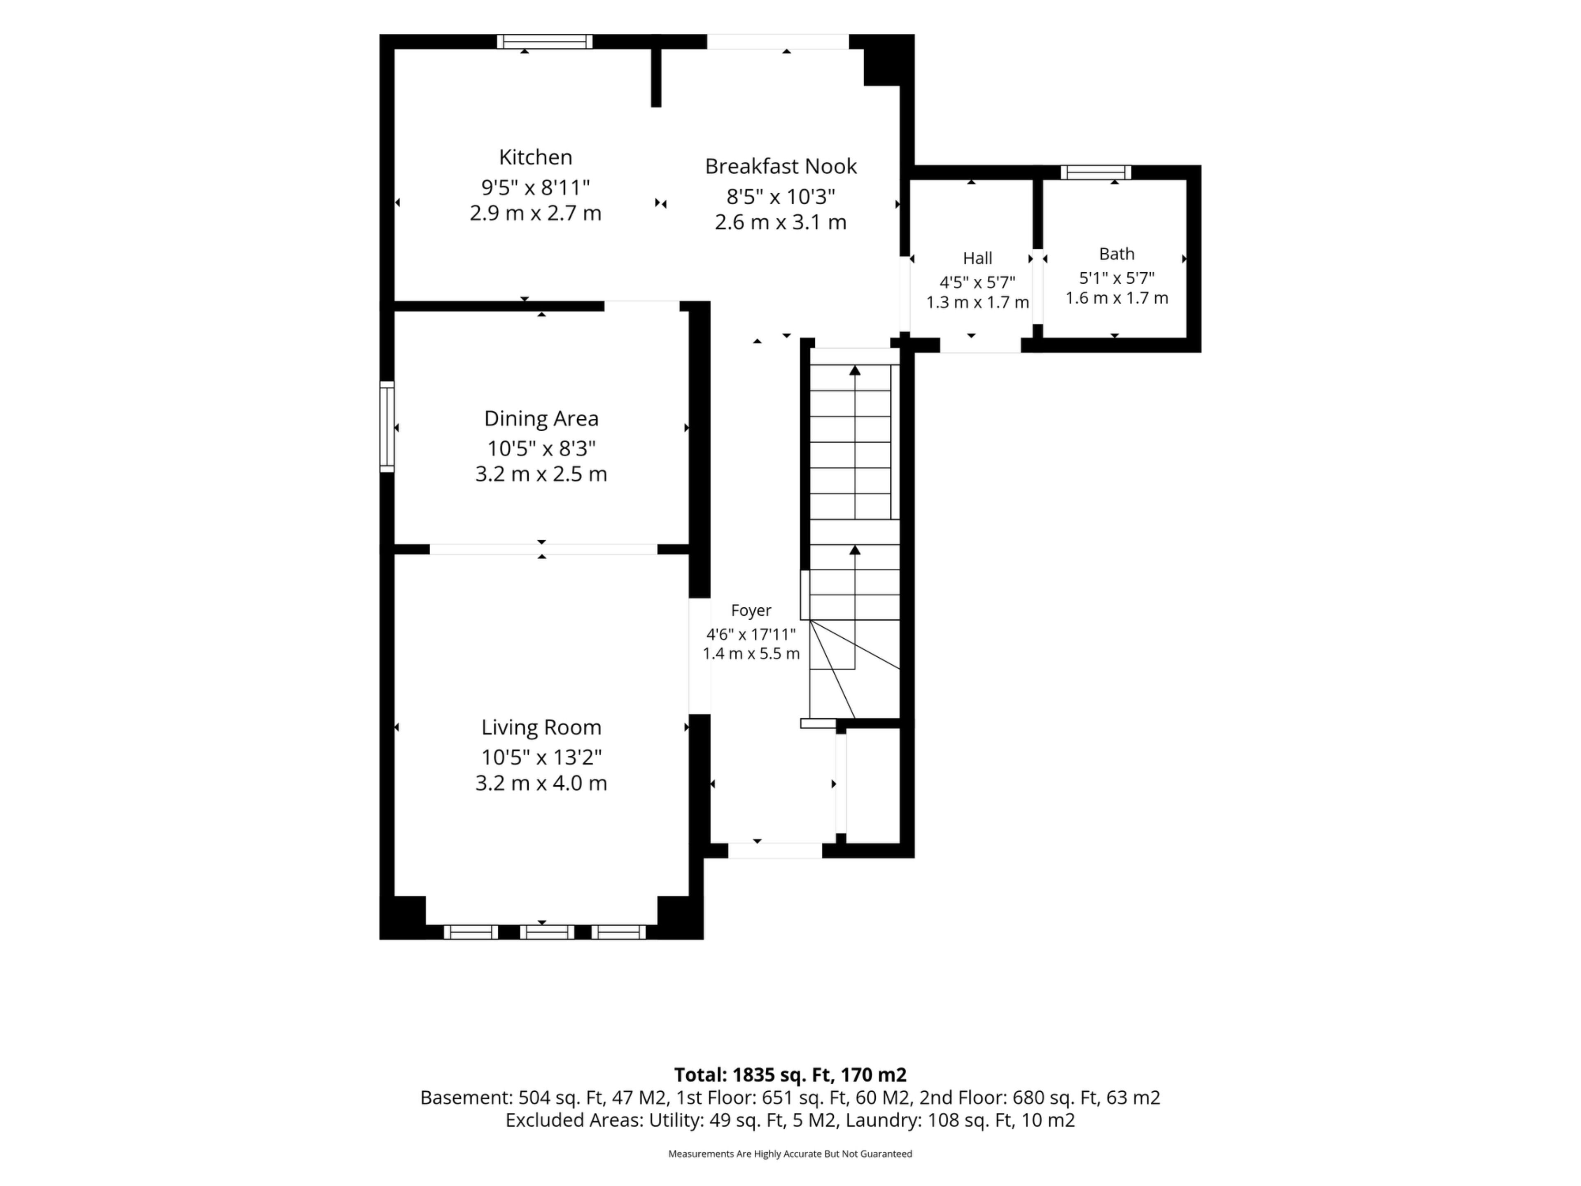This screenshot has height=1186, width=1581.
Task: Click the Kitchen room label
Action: [535, 157]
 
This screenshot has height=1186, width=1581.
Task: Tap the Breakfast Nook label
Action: [781, 166]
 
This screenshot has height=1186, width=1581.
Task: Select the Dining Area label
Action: [541, 419]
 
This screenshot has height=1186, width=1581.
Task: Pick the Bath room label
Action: [1117, 254]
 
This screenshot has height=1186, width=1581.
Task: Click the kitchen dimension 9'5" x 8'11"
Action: [535, 187]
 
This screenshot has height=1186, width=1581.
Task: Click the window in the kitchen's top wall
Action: [545, 42]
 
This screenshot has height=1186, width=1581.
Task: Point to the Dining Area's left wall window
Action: [387, 427]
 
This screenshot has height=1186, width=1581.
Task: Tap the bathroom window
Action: [1096, 172]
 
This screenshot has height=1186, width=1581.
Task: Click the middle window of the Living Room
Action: [547, 932]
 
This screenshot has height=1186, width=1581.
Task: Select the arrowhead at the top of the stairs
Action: [855, 370]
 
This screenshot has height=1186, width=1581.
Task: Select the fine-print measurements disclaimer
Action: [790, 1154]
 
